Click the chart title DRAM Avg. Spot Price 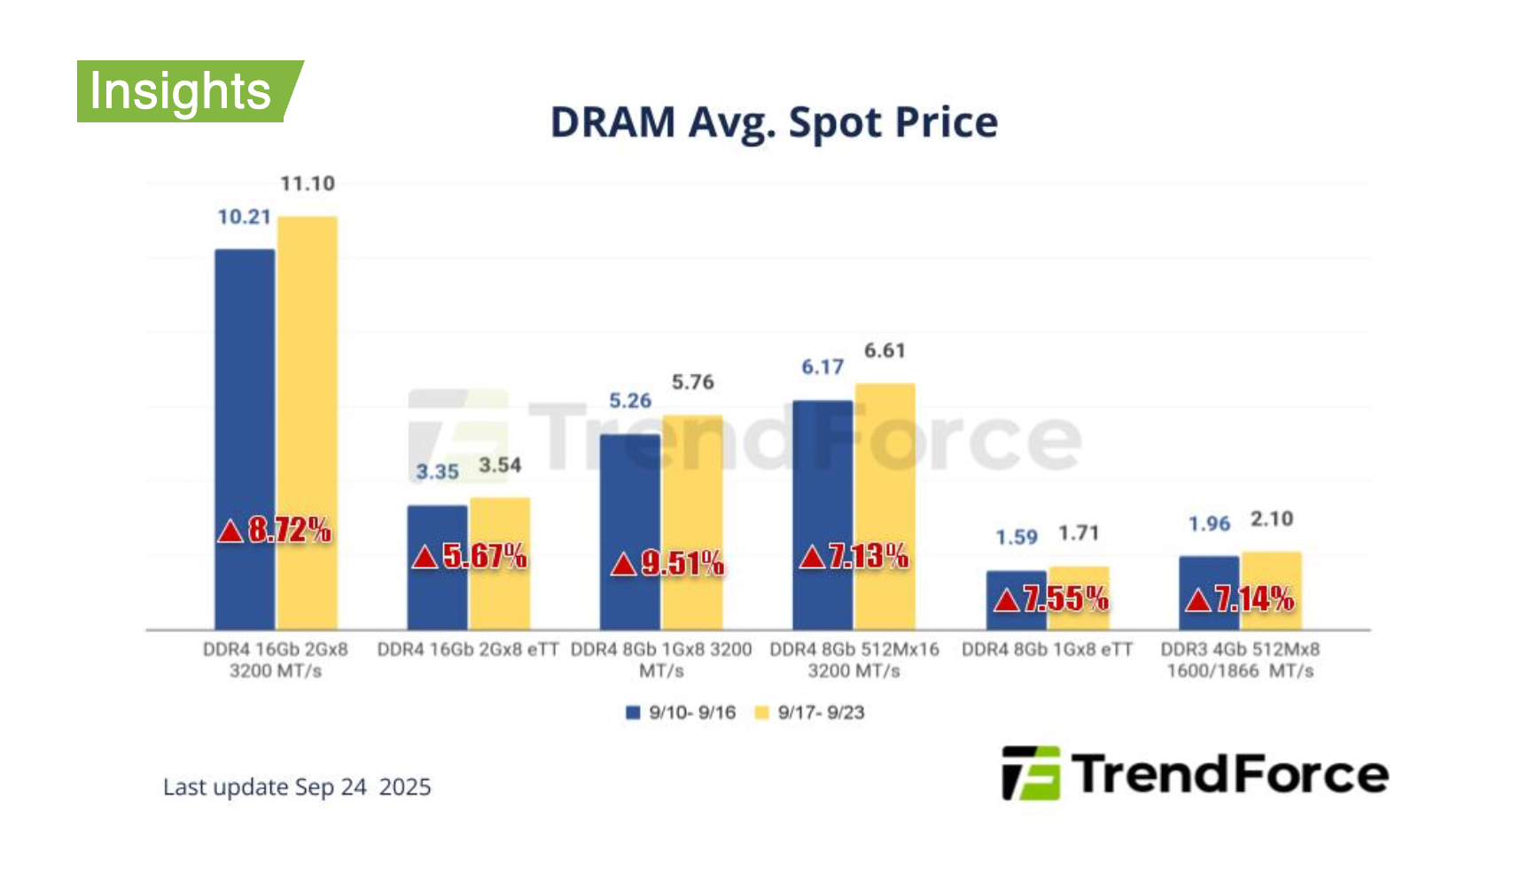774,122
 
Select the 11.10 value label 308,184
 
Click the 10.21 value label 244,217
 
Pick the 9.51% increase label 668,563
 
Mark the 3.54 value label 500,466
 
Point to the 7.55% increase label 1052,599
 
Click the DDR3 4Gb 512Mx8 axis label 1240,660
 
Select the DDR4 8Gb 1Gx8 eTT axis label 1047,650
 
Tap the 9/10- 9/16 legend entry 681,713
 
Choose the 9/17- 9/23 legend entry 809,713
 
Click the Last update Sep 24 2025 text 297,787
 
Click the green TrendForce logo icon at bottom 1030,773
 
